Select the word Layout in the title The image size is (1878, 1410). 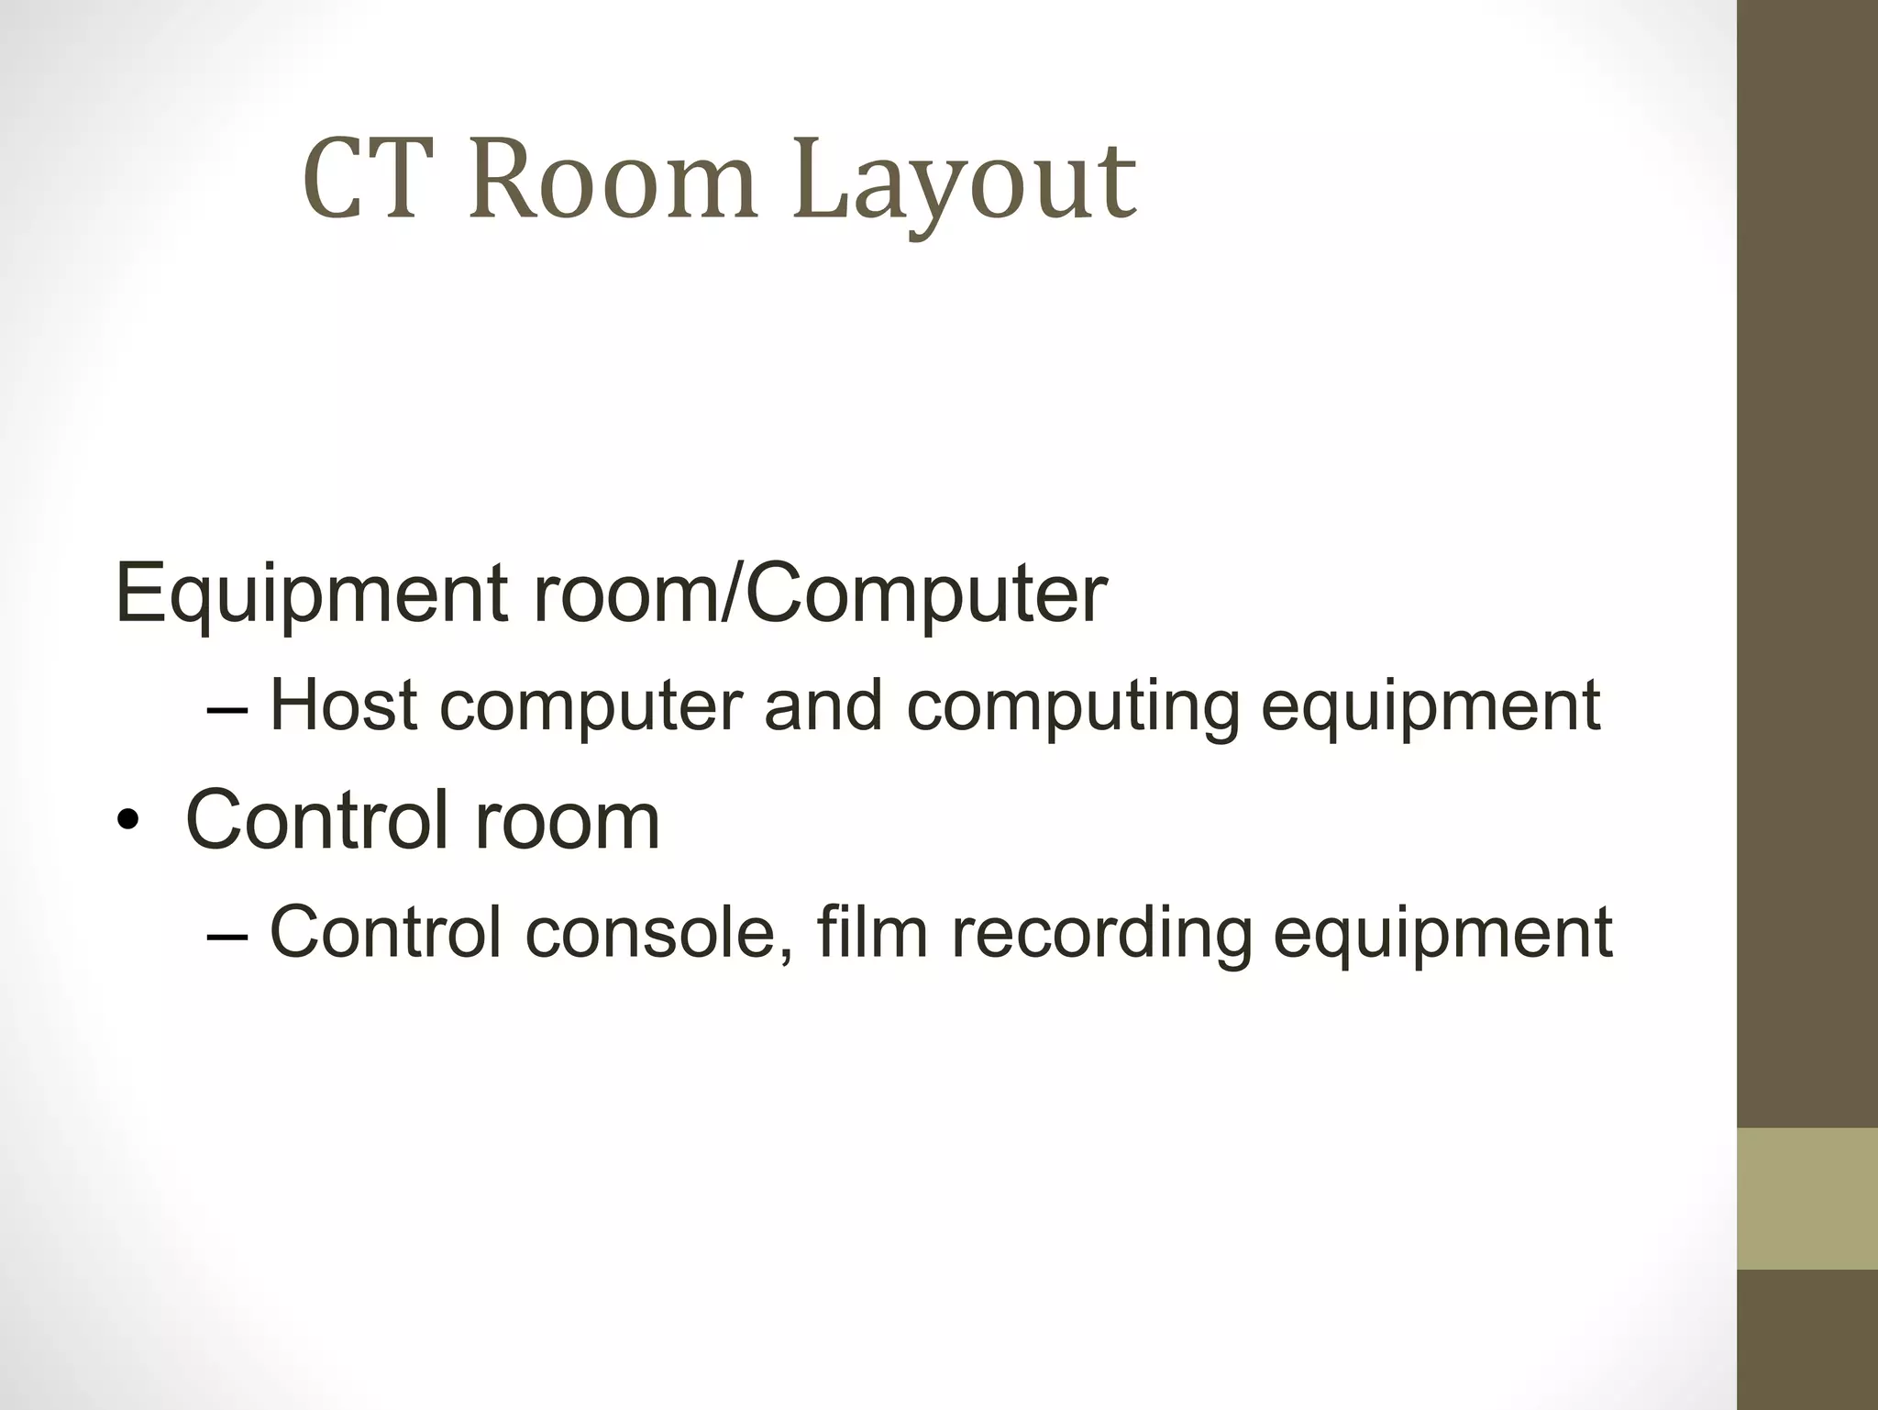click(964, 182)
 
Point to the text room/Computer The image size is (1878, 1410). click(820, 594)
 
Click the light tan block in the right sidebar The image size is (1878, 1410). click(1807, 1198)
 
